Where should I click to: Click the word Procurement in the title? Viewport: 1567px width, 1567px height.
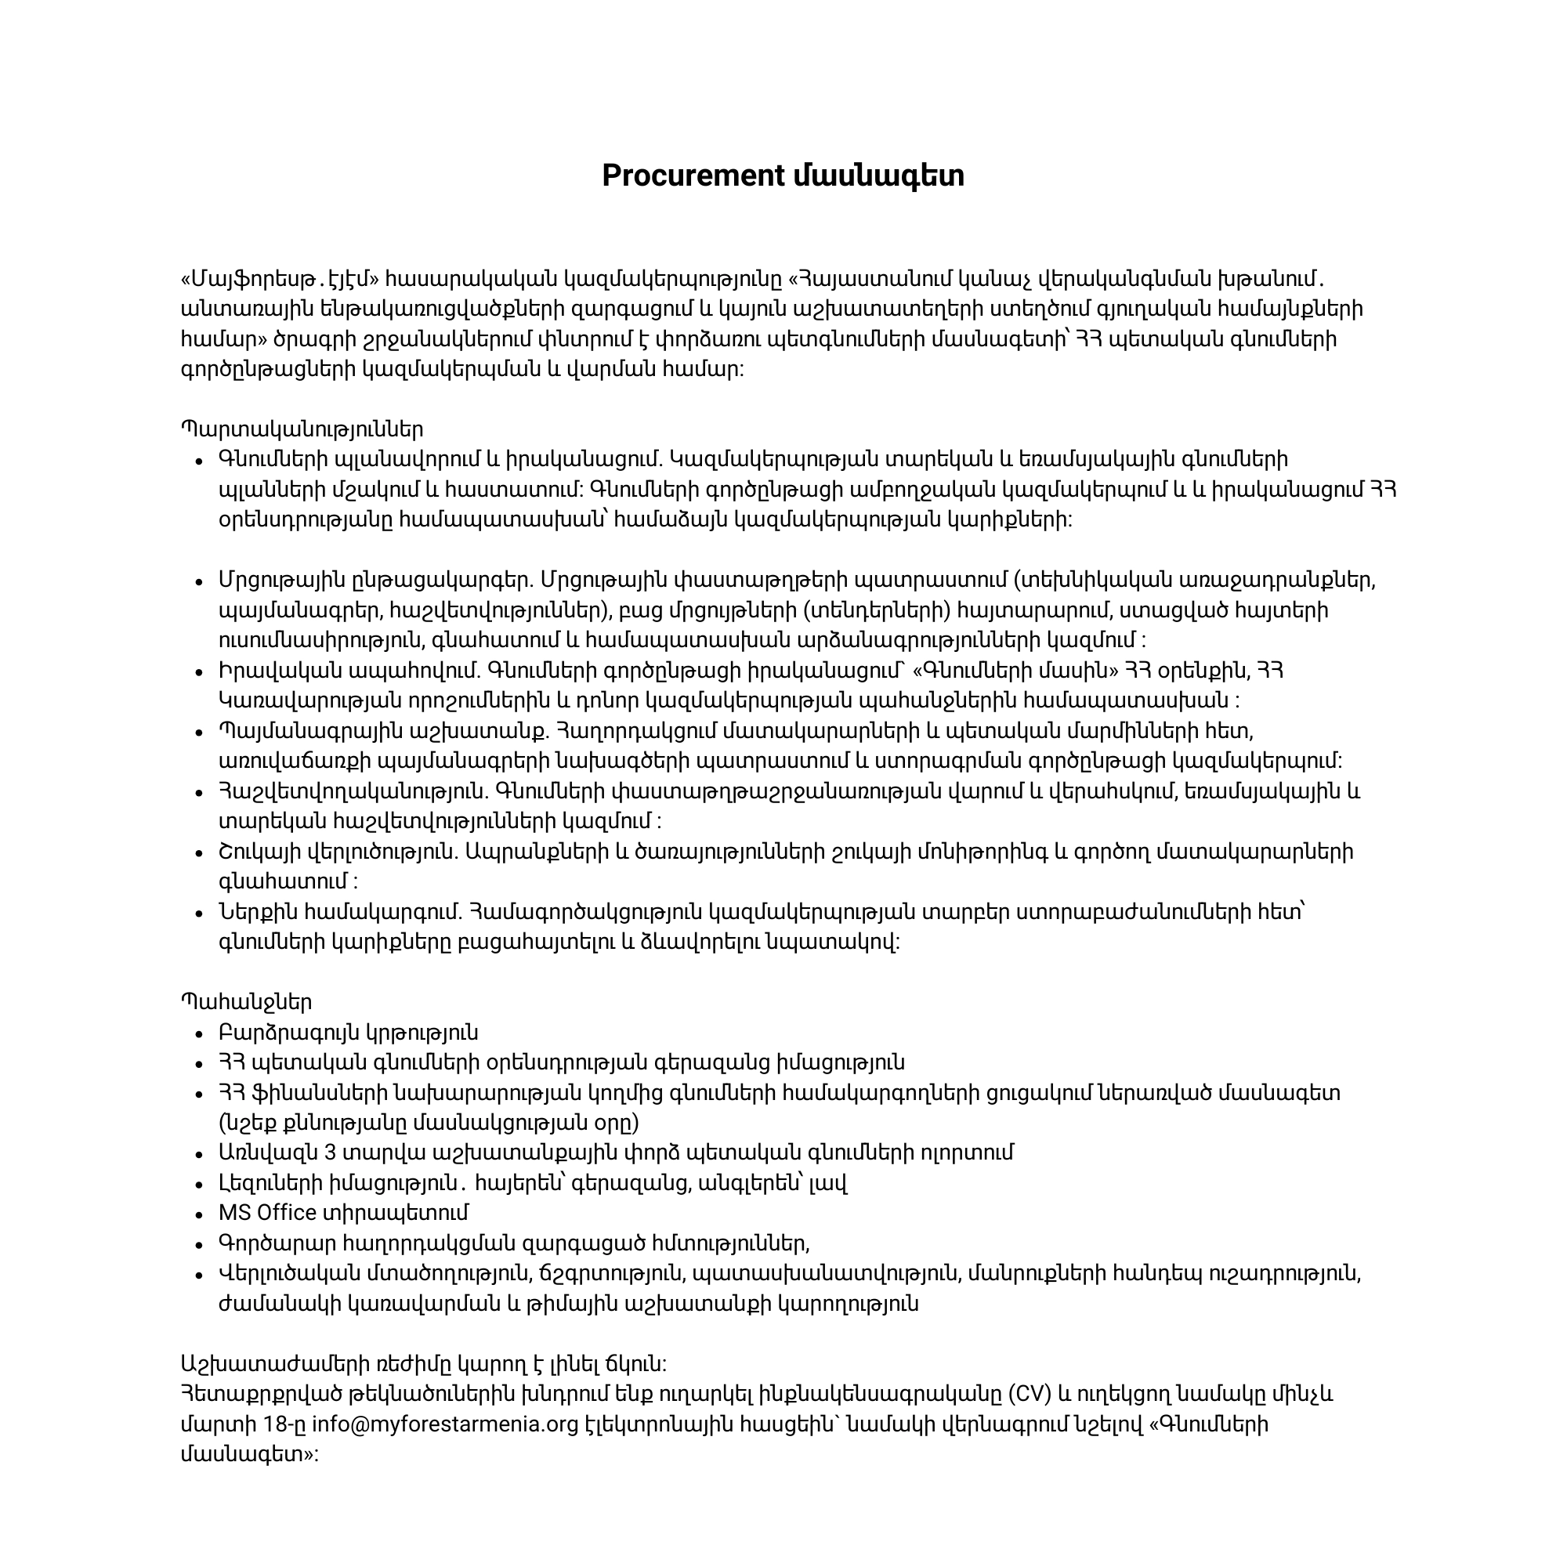(693, 176)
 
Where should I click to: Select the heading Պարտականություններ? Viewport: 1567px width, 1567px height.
(302, 429)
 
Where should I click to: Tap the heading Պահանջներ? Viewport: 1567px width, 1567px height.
(246, 1003)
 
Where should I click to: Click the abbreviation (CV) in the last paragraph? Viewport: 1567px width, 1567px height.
(1030, 1395)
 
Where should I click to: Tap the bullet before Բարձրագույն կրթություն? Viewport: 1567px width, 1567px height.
(198, 1034)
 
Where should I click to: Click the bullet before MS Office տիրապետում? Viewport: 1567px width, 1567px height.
(198, 1214)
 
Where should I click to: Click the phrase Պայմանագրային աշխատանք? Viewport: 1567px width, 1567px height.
(384, 731)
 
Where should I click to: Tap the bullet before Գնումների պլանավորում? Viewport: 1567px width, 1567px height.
(198, 461)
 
